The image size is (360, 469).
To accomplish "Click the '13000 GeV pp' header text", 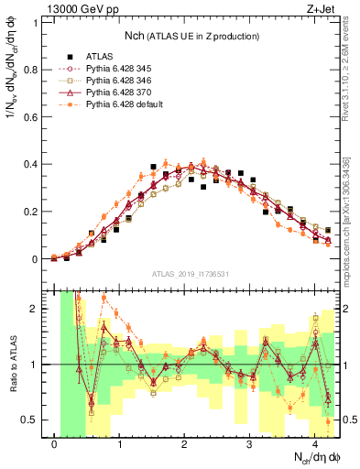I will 78,9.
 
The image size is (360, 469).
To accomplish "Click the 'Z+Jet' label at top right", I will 318,9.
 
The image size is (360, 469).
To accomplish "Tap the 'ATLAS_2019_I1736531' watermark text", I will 190,273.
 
